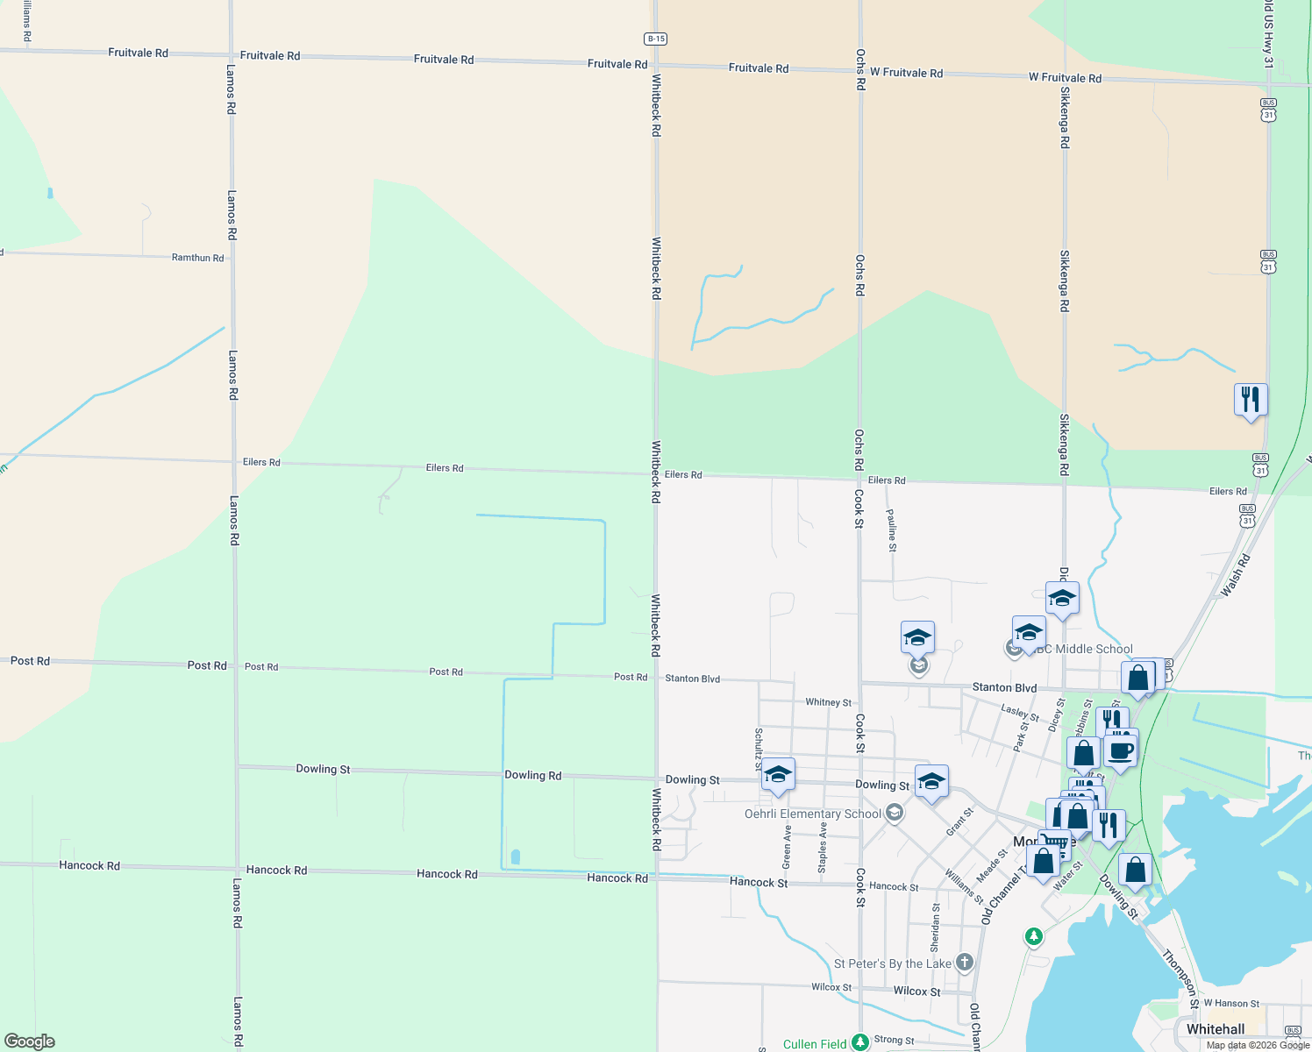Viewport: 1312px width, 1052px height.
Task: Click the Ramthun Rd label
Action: (197, 258)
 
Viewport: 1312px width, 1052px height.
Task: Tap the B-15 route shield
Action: (655, 39)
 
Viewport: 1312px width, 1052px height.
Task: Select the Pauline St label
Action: (892, 530)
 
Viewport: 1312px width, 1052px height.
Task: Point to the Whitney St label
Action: (828, 702)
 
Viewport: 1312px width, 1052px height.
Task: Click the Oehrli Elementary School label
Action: (812, 814)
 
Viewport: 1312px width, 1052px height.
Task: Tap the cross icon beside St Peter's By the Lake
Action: (965, 963)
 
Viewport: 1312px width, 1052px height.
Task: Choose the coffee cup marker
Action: (1121, 751)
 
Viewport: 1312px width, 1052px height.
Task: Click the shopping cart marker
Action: (1055, 844)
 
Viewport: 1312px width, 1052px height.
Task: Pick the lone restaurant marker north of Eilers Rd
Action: (1251, 400)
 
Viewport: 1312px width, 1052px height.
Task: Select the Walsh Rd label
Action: (1235, 576)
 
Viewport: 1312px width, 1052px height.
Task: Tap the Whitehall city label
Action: (1215, 1029)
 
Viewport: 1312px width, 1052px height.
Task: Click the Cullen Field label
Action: (815, 1044)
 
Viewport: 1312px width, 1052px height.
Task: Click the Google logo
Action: (30, 1041)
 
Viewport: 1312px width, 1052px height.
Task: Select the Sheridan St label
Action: (936, 928)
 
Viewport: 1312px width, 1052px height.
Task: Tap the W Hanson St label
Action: (1231, 1004)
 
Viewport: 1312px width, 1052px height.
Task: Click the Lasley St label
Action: (1020, 713)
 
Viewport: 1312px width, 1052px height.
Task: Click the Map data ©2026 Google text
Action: (1258, 1045)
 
